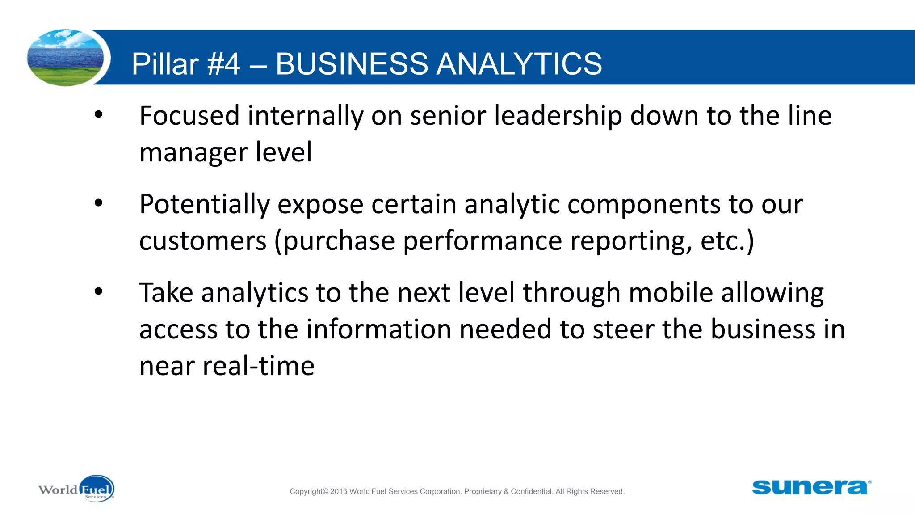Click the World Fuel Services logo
coord(76,489)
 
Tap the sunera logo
coord(811,487)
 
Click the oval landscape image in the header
coord(66,57)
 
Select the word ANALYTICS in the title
coord(519,63)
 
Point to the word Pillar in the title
coord(164,63)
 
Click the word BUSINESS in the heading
coord(352,63)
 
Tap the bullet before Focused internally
coord(98,115)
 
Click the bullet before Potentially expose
coord(98,203)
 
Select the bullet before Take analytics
coord(98,292)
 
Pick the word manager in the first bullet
coord(193,153)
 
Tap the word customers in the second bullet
coord(203,241)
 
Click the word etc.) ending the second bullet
coord(727,241)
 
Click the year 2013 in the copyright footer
coord(338,491)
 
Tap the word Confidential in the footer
coord(531,491)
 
